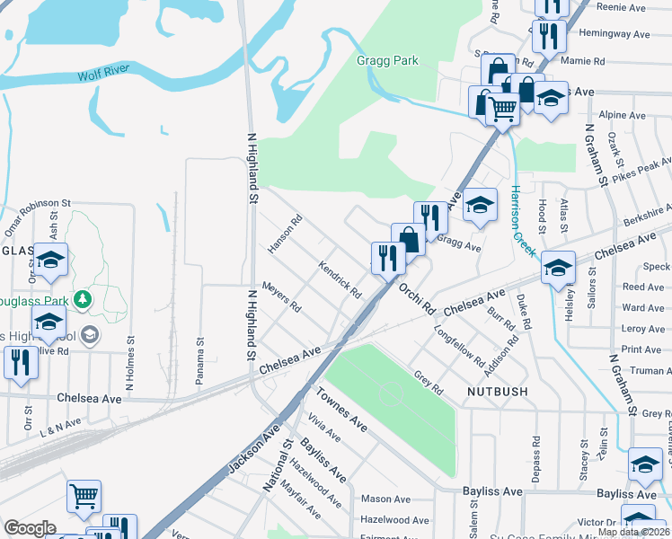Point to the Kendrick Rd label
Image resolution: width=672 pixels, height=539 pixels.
(340, 280)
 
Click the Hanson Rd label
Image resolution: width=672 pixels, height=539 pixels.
(285, 234)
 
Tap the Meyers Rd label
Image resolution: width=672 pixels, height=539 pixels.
(281, 297)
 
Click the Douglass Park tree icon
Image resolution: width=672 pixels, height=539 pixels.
(83, 297)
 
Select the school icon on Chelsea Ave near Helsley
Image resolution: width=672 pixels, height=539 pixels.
(558, 268)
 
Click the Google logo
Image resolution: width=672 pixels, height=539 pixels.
(30, 528)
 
